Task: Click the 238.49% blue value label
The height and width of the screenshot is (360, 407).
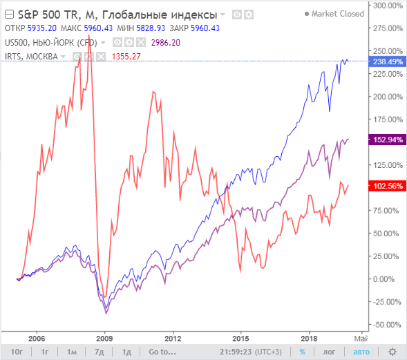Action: tap(388, 61)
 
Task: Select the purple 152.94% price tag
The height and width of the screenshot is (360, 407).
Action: tap(388, 140)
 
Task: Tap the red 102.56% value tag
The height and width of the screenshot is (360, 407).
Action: tap(388, 186)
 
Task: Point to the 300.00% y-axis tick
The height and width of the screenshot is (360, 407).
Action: tap(388, 6)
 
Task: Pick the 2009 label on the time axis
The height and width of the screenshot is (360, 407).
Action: tap(104, 339)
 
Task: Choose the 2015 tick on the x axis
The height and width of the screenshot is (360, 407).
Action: tap(240, 339)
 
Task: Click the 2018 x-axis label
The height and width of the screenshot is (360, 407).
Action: tap(308, 339)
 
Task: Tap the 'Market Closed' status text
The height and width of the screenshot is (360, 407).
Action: tap(337, 14)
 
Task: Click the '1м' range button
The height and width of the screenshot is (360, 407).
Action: tap(71, 352)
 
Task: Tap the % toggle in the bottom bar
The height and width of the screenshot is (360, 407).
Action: tap(302, 352)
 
